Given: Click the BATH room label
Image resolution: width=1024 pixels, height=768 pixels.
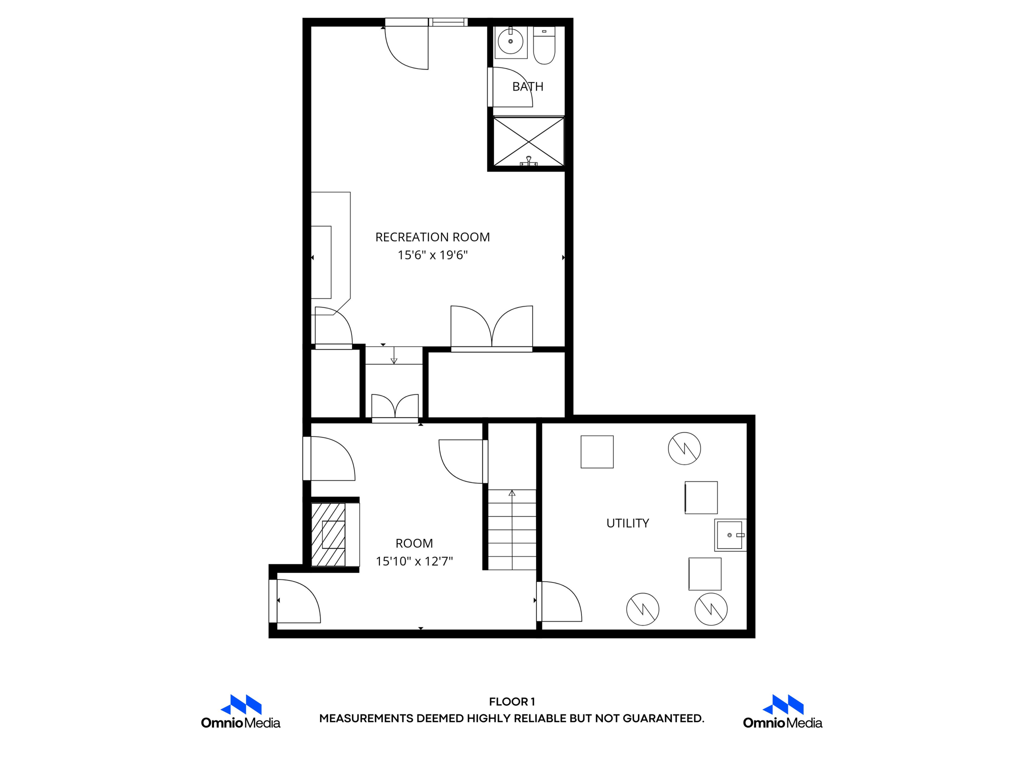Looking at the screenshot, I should [x=527, y=86].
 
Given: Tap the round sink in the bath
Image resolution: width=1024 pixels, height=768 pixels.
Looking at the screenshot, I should [x=510, y=41].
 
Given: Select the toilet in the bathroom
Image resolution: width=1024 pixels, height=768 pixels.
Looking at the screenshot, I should [x=544, y=46].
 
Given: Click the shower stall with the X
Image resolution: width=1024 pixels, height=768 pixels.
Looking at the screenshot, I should [x=528, y=141].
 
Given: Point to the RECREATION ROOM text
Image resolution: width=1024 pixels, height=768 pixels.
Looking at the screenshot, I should [x=432, y=237].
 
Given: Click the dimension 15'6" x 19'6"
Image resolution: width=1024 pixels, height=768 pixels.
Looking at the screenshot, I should [x=432, y=255].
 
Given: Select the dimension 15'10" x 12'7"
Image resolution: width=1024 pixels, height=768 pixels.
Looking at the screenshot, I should [x=414, y=561].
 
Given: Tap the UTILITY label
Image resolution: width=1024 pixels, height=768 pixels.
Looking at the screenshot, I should [x=627, y=523].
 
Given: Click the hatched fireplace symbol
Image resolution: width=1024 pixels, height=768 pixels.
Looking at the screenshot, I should [x=328, y=534].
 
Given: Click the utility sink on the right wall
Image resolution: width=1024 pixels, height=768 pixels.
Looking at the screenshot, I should [x=730, y=535].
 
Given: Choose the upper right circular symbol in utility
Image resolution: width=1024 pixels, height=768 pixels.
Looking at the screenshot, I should [x=684, y=448].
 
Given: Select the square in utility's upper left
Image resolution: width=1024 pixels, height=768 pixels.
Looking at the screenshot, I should [x=597, y=451].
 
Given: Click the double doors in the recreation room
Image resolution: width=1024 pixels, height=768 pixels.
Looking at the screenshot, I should [x=491, y=327].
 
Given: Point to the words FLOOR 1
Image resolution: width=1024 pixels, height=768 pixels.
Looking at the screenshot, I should [x=512, y=701].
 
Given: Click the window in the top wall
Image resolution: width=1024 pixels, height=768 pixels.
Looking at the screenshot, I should [x=448, y=22].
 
